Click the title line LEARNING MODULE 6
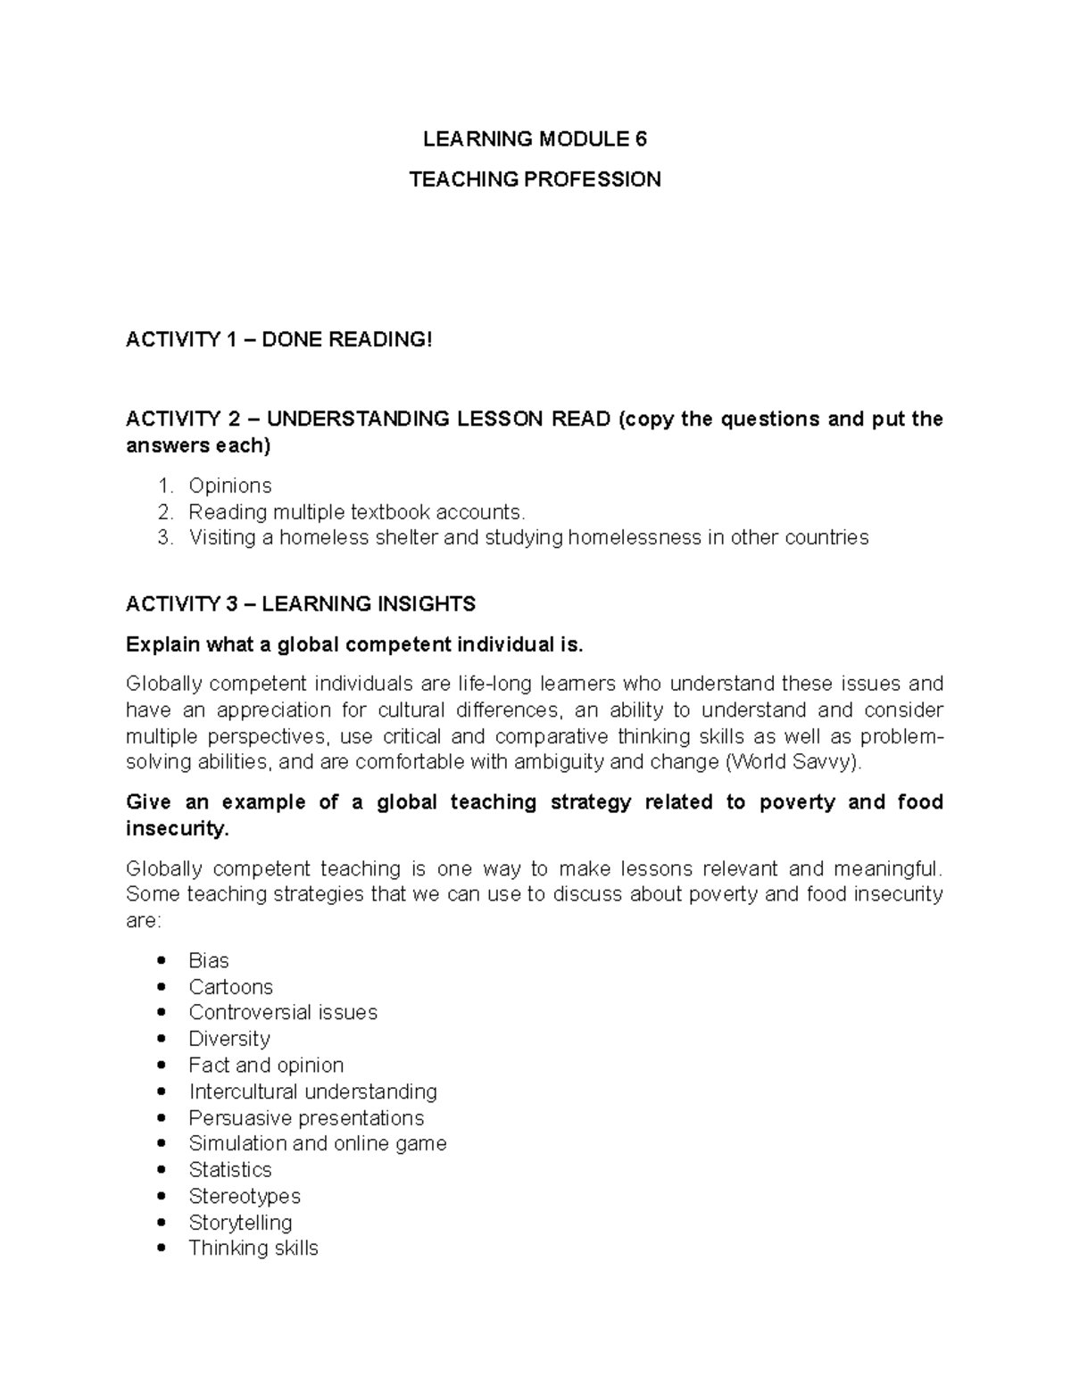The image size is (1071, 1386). (535, 139)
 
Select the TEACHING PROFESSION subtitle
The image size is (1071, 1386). (535, 179)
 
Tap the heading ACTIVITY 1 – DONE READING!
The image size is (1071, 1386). (278, 339)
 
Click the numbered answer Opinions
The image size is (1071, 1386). (230, 486)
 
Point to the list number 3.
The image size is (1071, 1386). (163, 537)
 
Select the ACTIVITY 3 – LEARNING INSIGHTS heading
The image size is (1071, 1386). (301, 604)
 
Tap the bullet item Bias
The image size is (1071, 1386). (209, 960)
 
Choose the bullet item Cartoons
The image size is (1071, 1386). (230, 987)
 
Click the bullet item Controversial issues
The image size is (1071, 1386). (283, 1012)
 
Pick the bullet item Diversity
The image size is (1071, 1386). (229, 1039)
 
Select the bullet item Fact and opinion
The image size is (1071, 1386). (266, 1065)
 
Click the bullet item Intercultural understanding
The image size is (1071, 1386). (312, 1091)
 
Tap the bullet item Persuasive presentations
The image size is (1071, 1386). (306, 1118)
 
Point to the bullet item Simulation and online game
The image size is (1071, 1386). (318, 1143)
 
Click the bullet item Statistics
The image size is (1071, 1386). (230, 1170)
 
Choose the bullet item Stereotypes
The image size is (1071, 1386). (245, 1196)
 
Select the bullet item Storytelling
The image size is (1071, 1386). (240, 1222)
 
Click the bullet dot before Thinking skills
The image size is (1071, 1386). (161, 1249)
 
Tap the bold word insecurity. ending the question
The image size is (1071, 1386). (178, 828)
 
